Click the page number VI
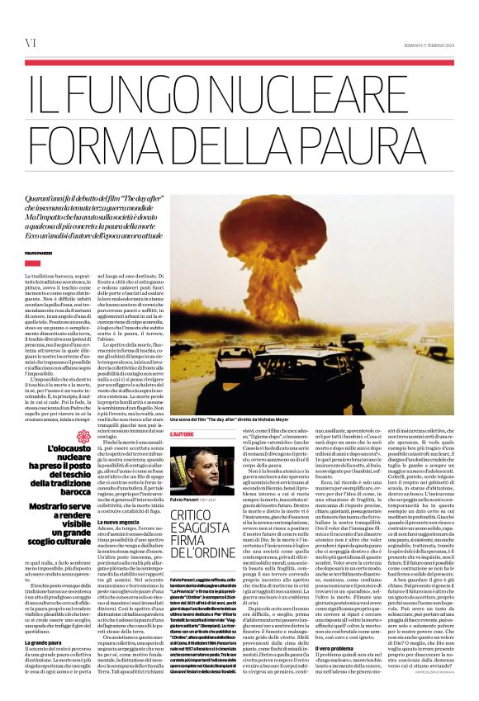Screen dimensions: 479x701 [x=31, y=42]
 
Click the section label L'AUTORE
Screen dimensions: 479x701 [x=183, y=434]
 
